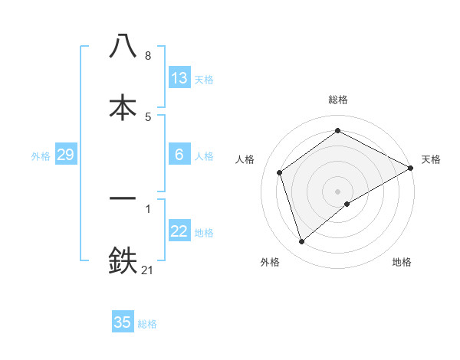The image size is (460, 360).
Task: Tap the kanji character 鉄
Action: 123,260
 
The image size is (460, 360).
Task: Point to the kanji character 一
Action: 123,198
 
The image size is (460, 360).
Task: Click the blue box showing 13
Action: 179,78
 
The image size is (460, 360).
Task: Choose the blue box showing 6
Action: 179,155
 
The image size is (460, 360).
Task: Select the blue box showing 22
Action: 179,231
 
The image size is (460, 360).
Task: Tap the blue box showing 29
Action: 65,155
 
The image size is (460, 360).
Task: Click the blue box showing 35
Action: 123,322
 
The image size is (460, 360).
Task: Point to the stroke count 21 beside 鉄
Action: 148,270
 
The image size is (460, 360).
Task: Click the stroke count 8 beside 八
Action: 147,55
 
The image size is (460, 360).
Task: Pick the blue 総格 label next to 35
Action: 147,324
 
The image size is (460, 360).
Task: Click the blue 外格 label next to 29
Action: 41,156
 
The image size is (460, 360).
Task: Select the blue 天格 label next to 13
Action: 204,80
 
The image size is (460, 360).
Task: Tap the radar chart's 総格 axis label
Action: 338,100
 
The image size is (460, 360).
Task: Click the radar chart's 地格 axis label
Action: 402,263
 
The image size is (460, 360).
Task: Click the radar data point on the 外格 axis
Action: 302,242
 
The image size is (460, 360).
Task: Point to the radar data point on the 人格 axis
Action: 280,172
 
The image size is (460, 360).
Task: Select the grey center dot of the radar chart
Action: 338,191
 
